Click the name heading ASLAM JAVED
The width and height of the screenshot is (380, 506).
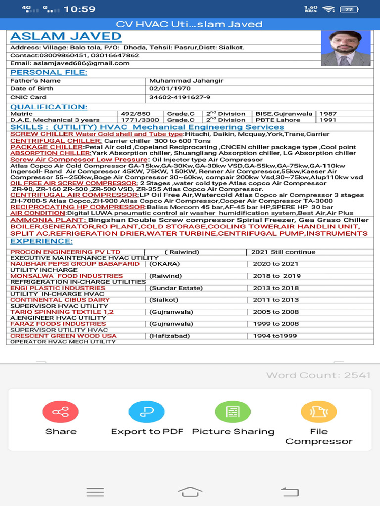pyautogui.click(x=66, y=36)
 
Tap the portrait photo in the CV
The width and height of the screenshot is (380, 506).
pyautogui.click(x=345, y=48)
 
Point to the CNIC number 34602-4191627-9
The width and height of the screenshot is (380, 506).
pyautogui.click(x=180, y=97)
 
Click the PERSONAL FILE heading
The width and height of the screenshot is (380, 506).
pyautogui.click(x=48, y=72)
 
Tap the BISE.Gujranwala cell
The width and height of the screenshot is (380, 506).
pyautogui.click(x=284, y=114)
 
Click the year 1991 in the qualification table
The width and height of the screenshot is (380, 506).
pyautogui.click(x=328, y=120)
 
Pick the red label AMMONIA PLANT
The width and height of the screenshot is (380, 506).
pyautogui.click(x=48, y=220)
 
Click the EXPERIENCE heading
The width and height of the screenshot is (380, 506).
pyautogui.click(x=41, y=241)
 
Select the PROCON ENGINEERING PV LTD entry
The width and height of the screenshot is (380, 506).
pyautogui.click(x=65, y=252)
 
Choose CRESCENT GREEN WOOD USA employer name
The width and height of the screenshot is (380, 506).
pyautogui.click(x=63, y=336)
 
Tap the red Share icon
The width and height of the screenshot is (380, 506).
pyautogui.click(x=60, y=412)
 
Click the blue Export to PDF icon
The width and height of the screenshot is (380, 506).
pyautogui.click(x=146, y=412)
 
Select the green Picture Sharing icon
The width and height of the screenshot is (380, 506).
pyautogui.click(x=233, y=412)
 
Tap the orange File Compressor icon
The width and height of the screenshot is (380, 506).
pyautogui.click(x=319, y=412)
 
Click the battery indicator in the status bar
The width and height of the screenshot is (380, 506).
pyautogui.click(x=350, y=9)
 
